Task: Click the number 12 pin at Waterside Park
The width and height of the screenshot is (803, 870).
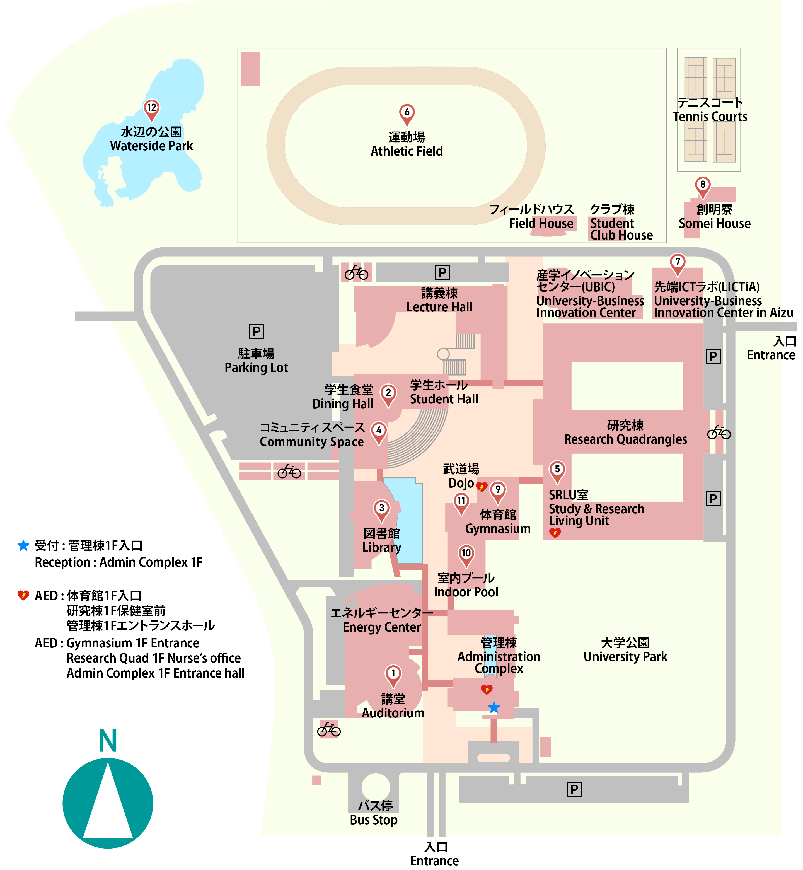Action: tap(151, 109)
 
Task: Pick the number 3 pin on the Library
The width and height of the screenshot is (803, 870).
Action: tap(381, 509)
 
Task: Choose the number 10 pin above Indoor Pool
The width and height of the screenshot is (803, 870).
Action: tap(466, 555)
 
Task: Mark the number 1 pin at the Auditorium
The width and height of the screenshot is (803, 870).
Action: tap(393, 675)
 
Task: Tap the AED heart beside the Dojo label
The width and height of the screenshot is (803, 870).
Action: tap(482, 486)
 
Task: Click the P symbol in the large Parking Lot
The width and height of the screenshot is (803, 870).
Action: tap(256, 332)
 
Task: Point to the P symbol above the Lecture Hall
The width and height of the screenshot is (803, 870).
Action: tap(442, 272)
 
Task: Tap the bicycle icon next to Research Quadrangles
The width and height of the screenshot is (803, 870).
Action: tap(719, 432)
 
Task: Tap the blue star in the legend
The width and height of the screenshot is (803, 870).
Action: tap(23, 546)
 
